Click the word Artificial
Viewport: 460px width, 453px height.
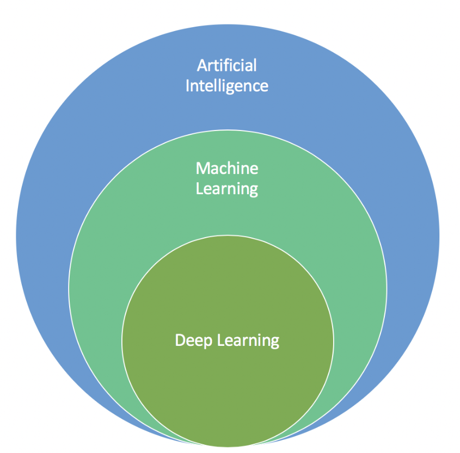(226, 66)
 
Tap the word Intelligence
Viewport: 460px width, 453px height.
(226, 86)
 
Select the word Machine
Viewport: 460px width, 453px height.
(226, 169)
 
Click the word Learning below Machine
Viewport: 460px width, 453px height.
(226, 189)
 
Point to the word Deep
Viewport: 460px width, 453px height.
(194, 341)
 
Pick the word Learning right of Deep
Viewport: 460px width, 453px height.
(248, 341)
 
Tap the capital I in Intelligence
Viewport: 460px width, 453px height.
(188, 85)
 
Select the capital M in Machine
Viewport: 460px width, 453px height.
(203, 169)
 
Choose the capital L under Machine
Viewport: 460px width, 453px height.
(199, 189)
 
